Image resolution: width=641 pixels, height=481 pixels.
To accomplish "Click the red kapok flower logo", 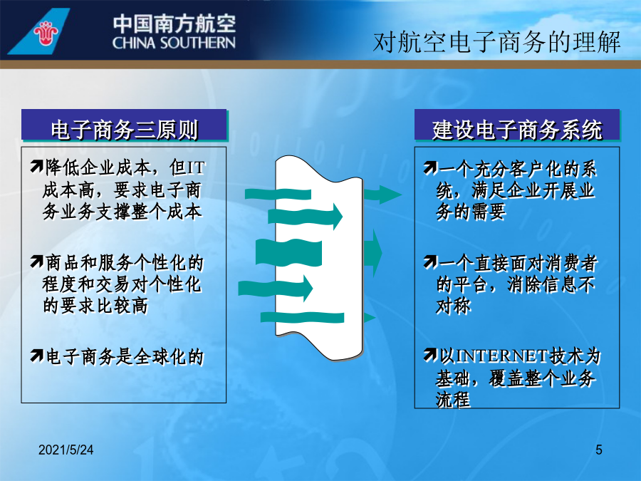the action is click(46, 33).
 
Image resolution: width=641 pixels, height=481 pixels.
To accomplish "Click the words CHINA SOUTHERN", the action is click(174, 43).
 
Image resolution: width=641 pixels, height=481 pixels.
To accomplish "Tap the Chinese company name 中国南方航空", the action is click(174, 24).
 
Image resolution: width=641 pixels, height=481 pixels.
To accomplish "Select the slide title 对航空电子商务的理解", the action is click(496, 42).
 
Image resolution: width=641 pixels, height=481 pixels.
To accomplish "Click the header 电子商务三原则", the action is click(124, 130).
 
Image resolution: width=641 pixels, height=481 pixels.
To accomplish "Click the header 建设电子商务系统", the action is click(517, 130).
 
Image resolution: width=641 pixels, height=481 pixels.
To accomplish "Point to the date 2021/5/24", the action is click(66, 450).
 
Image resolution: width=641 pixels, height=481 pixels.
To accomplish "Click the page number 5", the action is click(599, 450).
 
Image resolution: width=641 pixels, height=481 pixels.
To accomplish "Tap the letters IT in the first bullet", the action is click(195, 167).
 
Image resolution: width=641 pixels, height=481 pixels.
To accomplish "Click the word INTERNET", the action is click(501, 356).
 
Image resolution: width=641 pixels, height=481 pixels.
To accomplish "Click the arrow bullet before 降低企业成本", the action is click(36, 167).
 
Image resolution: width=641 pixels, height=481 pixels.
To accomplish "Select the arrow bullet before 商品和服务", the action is click(36, 262).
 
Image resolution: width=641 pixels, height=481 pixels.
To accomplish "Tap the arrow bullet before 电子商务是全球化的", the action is click(36, 356).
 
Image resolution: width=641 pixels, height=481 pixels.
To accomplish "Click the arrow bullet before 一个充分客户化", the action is click(430, 167).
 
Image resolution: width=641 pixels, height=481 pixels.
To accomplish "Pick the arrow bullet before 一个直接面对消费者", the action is click(430, 262).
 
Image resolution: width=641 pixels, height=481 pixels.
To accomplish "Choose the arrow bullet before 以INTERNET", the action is click(430, 355).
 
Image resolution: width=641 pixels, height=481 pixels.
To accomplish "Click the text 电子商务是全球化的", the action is click(124, 357).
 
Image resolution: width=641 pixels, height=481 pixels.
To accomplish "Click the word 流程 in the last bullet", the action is click(454, 400).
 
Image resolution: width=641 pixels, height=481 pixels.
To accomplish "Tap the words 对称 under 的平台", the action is click(454, 306).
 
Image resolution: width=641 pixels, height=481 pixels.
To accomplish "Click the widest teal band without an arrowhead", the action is click(288, 253).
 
